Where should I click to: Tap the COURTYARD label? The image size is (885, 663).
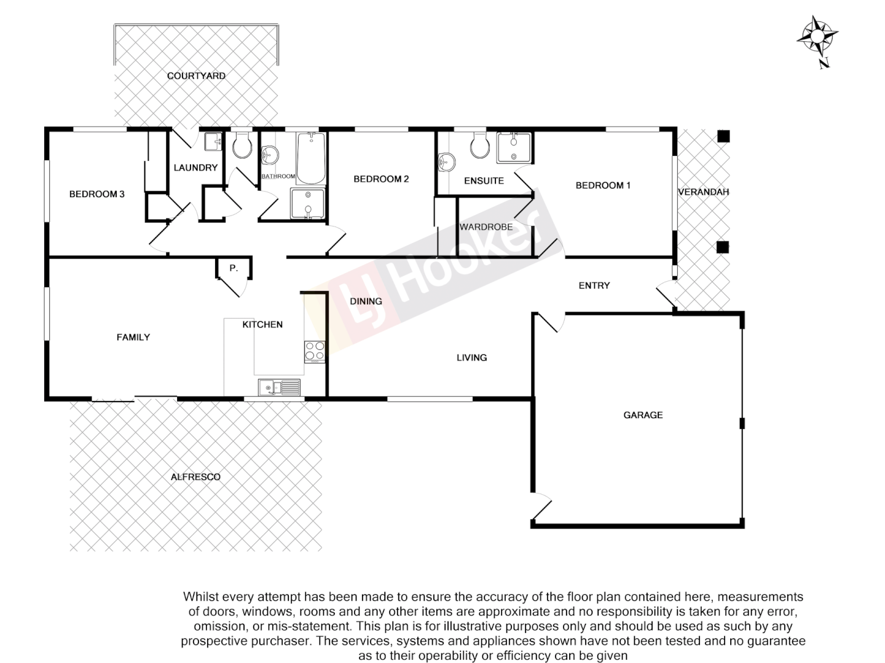click(196, 76)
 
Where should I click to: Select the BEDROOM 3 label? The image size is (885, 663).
click(96, 194)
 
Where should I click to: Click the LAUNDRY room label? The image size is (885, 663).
click(195, 168)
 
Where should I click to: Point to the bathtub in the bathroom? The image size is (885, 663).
click(311, 158)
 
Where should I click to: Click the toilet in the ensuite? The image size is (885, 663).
click(479, 145)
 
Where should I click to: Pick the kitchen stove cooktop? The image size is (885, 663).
click(314, 351)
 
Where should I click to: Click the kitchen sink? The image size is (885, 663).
click(279, 387)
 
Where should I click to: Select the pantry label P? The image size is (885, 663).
click(233, 268)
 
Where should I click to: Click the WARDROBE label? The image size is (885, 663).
click(486, 227)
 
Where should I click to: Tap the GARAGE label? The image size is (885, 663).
click(643, 415)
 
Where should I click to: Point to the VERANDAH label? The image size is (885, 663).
click(703, 192)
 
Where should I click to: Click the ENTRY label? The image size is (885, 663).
click(594, 285)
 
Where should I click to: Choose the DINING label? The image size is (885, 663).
click(366, 301)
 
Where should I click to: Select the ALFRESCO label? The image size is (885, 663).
click(195, 477)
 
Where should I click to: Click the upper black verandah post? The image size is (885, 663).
click(723, 136)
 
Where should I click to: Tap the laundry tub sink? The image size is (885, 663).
click(213, 142)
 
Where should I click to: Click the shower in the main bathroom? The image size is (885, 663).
click(307, 204)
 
